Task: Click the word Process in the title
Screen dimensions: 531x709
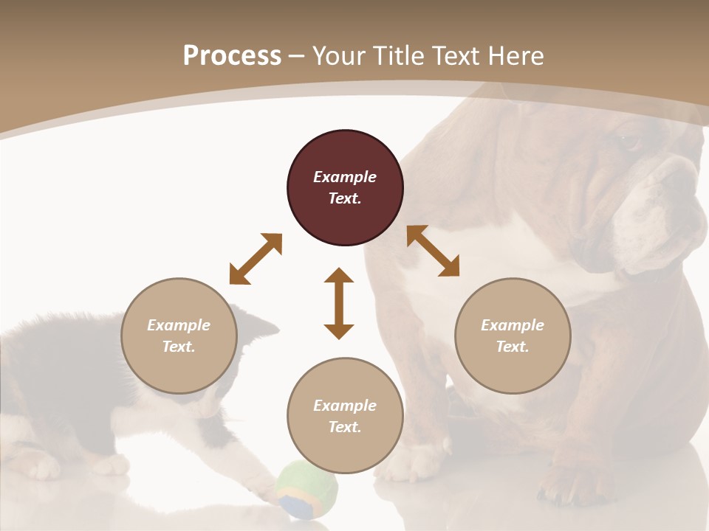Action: (x=232, y=56)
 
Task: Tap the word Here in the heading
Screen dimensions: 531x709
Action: (x=515, y=56)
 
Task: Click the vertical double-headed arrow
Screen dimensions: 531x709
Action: (x=339, y=303)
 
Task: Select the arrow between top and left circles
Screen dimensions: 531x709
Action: (x=256, y=258)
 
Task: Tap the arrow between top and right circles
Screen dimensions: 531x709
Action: (x=433, y=251)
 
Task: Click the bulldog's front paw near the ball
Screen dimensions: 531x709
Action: (x=414, y=465)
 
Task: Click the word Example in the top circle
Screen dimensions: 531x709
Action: (x=345, y=177)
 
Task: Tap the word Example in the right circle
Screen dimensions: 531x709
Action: (x=513, y=325)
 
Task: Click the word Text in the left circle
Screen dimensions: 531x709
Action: (x=178, y=347)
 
